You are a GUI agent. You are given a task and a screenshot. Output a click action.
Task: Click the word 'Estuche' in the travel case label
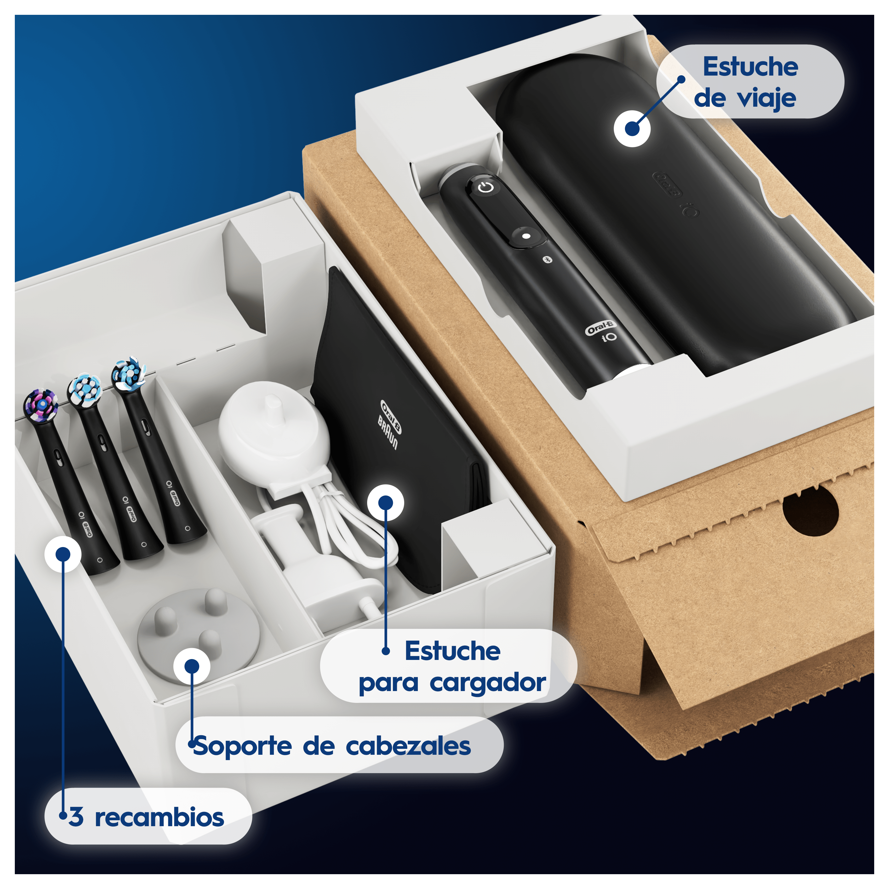tap(751, 67)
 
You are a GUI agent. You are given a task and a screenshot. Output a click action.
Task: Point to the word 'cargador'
tap(488, 682)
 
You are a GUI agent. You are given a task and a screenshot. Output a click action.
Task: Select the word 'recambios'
tap(159, 817)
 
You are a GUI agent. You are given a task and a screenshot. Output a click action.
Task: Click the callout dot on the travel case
tap(632, 129)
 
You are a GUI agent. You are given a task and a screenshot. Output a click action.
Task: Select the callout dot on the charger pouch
tap(386, 503)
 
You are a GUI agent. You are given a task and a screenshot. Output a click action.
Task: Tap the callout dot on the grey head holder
tap(192, 666)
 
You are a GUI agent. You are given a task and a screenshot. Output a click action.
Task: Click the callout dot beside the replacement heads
tap(63, 554)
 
